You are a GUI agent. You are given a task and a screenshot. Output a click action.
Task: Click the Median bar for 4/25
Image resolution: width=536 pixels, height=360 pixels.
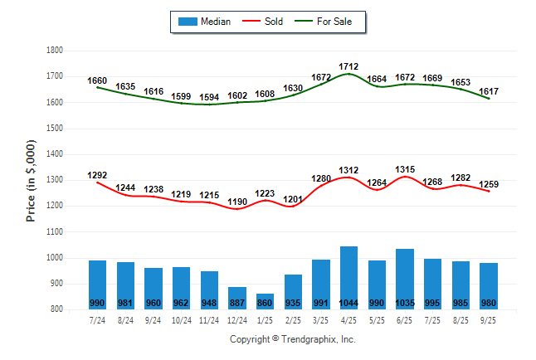[x=348, y=277]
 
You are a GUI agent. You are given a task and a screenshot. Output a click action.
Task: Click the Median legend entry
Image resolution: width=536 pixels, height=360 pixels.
[x=204, y=22]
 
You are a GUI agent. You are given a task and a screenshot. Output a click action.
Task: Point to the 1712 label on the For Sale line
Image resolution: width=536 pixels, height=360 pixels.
[x=348, y=66]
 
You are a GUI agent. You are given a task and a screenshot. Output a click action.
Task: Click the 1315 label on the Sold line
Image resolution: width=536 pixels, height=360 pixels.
[x=404, y=169]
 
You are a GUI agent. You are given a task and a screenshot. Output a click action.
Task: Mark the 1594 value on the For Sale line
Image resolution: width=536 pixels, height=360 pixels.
[x=209, y=97]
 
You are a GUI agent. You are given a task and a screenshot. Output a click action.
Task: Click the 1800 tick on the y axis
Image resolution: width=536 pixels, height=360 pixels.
[x=55, y=51]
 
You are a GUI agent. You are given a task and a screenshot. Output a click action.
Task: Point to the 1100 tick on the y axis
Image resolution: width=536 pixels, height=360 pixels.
[x=55, y=232]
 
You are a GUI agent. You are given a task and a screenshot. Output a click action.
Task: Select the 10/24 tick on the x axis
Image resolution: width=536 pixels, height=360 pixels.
[x=181, y=319]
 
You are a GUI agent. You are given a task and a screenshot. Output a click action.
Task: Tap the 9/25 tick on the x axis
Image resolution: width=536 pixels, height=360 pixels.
[x=488, y=319]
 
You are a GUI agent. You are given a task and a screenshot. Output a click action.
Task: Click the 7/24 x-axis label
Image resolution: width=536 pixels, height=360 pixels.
[x=97, y=319]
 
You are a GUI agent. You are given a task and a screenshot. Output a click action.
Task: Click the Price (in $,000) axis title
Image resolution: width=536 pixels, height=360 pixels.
[x=31, y=180]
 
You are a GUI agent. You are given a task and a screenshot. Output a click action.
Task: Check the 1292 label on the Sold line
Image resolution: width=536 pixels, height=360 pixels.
[x=97, y=175]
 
